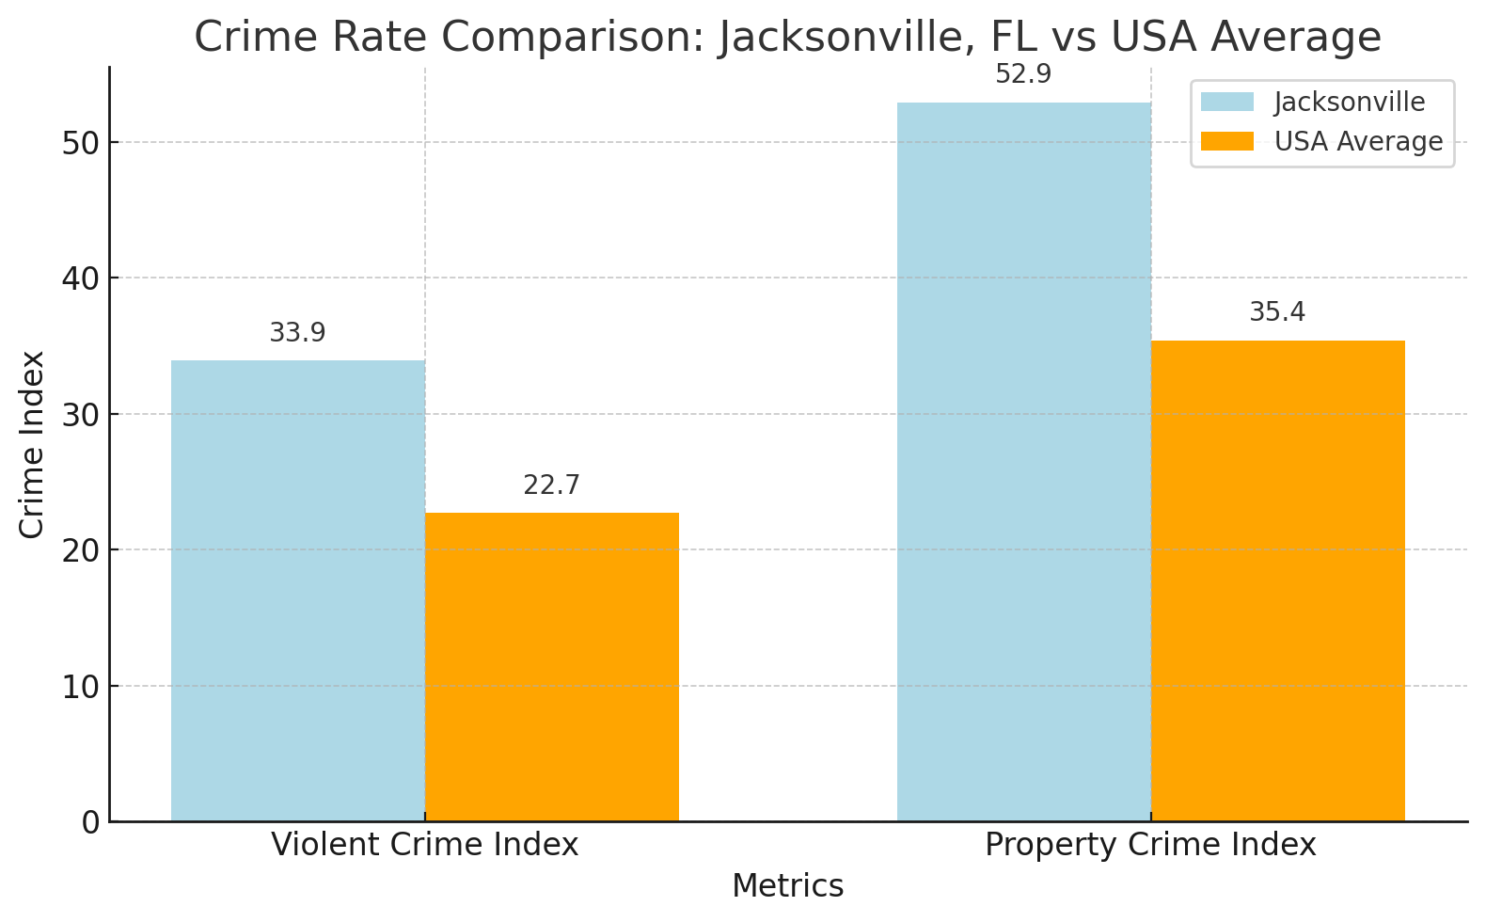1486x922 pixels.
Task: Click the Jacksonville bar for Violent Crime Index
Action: pos(297,591)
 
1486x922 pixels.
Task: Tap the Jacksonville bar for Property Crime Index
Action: pos(1023,461)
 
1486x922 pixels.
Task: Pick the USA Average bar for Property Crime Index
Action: pos(1277,580)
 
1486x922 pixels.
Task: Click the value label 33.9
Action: pos(297,333)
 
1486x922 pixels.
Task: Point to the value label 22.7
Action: pos(551,485)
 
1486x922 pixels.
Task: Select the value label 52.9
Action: pos(1023,74)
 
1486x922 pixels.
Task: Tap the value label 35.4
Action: pos(1277,312)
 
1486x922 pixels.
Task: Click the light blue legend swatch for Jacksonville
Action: pos(1227,102)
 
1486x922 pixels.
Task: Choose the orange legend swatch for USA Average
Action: pos(1227,141)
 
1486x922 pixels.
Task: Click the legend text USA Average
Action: pos(1358,141)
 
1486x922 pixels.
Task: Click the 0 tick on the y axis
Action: pos(90,822)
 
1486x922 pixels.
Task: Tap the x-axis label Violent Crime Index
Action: pos(425,845)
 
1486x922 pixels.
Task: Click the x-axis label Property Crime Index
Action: pos(1150,845)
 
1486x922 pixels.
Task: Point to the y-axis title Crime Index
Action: pos(32,444)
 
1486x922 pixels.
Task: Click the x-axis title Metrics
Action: pos(787,886)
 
